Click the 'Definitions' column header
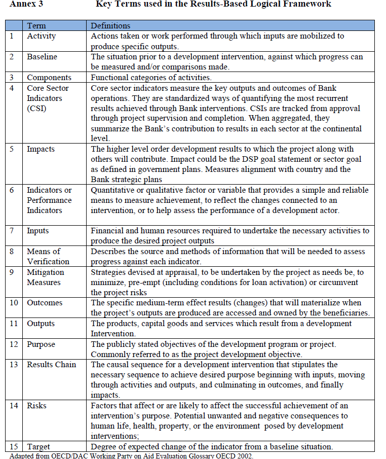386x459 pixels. click(x=110, y=25)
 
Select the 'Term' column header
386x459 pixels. click(x=36, y=25)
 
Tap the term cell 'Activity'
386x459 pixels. click(x=41, y=36)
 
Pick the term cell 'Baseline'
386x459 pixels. click(x=42, y=57)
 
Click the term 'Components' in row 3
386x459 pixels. click(x=49, y=78)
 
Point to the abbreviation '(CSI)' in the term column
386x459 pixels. click(x=36, y=108)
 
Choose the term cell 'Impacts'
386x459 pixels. click(x=41, y=149)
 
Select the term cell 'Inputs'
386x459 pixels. click(x=38, y=231)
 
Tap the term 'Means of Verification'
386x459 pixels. click(x=48, y=257)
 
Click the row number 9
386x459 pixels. click(x=12, y=272)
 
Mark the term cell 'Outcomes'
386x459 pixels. click(x=45, y=303)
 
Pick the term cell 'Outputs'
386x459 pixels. click(x=41, y=324)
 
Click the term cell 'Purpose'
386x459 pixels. click(x=41, y=344)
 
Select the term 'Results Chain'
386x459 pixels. click(x=51, y=365)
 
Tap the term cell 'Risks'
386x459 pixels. click(x=36, y=406)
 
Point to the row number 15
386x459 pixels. click(x=14, y=447)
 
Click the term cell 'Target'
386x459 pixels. click(x=38, y=447)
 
